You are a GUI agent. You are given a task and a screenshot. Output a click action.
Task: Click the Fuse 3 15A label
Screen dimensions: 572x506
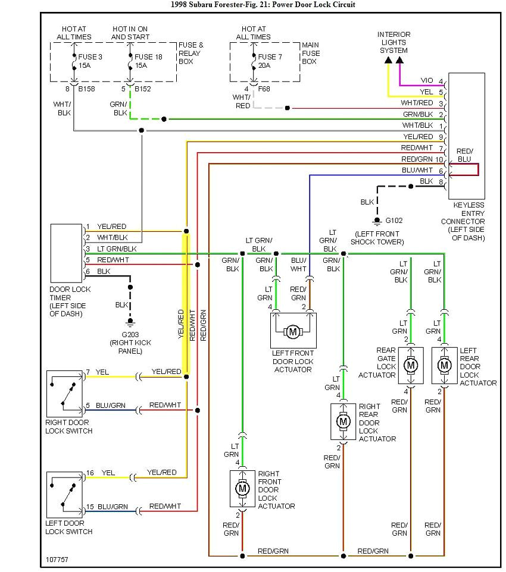89,61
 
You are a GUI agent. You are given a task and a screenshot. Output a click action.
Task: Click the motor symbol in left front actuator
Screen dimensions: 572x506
292,331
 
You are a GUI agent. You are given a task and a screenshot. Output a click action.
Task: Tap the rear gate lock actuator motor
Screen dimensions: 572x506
410,364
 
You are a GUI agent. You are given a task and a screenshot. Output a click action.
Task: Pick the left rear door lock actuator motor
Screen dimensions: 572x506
443,364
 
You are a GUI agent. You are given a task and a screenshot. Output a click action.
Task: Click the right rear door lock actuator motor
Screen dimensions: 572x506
343,421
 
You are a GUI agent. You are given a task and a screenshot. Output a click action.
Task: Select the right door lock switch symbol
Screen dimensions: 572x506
65,392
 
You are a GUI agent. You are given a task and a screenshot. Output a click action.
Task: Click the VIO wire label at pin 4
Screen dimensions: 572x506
426,80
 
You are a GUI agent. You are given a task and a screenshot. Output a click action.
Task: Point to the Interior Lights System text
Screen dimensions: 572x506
393,42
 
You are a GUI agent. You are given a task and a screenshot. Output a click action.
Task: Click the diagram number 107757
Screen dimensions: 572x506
57,560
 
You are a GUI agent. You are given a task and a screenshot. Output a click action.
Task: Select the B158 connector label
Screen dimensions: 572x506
86,89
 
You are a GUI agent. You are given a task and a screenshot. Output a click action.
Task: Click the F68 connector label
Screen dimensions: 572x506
264,89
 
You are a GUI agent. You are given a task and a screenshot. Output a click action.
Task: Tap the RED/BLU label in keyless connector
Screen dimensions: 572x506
464,156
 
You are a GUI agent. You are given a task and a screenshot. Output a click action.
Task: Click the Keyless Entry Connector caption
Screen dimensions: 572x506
468,221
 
